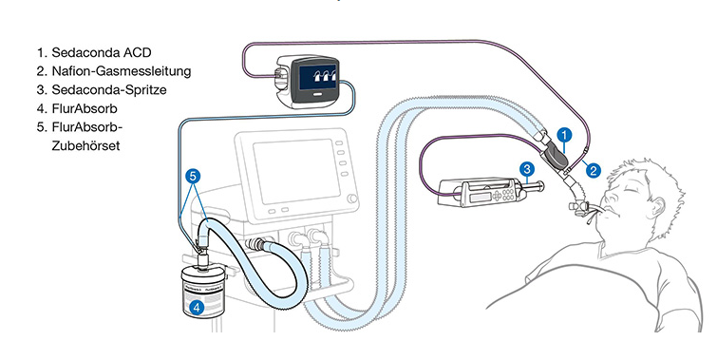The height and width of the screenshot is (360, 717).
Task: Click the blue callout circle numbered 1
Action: [565, 136]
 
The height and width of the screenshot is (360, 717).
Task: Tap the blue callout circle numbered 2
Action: [594, 171]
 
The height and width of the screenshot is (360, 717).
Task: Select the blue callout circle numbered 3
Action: [527, 170]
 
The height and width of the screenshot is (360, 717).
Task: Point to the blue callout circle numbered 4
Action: [197, 307]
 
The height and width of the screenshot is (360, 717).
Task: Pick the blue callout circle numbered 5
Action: [193, 176]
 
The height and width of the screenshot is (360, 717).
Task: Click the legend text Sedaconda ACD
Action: [101, 52]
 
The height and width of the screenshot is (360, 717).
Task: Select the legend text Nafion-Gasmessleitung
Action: [122, 71]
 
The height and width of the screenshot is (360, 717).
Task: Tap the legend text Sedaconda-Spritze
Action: [109, 89]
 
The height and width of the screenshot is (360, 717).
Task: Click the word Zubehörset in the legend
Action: [85, 146]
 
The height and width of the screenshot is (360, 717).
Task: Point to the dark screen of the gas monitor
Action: [318, 76]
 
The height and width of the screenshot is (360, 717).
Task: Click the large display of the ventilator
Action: [296, 171]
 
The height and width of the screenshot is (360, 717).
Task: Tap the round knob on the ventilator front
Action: [352, 199]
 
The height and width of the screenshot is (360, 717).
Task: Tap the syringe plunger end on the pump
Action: [541, 186]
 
